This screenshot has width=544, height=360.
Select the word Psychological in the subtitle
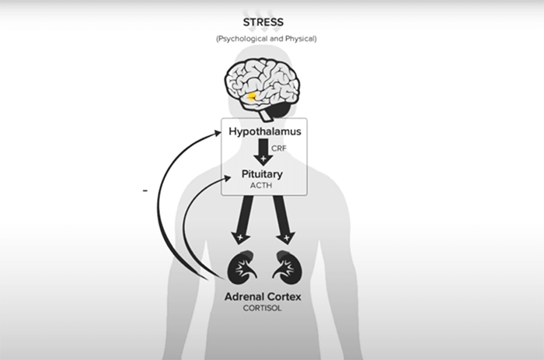242,38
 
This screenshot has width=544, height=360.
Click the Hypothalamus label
263,132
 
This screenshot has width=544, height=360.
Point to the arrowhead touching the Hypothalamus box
217,134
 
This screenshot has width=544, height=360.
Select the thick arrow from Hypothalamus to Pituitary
265,150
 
